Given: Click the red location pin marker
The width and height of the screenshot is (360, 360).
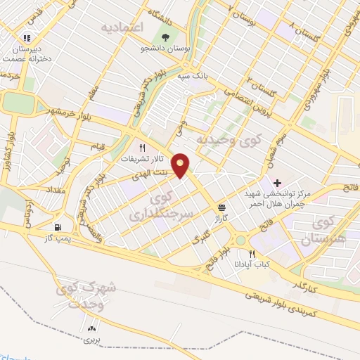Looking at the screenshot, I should point(183,165).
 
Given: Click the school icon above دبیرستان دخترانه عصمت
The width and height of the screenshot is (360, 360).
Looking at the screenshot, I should point(26,39).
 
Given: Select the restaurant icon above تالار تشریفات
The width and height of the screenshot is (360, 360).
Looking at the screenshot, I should point(143,148).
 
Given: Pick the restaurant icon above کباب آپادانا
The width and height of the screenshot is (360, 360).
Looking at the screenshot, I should point(252,254).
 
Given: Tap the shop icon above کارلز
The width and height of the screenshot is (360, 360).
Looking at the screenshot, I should point(222,207).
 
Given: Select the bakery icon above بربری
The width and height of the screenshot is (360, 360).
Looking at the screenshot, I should point(91,328).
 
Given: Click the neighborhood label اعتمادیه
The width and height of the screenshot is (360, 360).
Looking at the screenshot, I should point(122,28).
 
